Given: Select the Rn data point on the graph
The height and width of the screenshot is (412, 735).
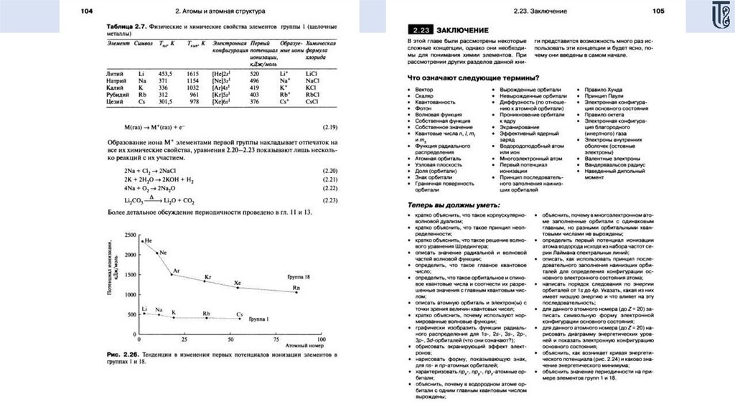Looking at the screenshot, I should [x=296, y=292].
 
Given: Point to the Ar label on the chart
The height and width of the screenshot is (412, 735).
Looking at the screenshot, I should [x=177, y=271].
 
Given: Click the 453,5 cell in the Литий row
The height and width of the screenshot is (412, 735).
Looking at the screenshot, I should [x=165, y=73].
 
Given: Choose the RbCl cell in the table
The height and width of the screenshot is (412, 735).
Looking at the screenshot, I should [x=312, y=94].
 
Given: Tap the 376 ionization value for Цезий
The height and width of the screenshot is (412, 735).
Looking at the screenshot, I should [x=254, y=101].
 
